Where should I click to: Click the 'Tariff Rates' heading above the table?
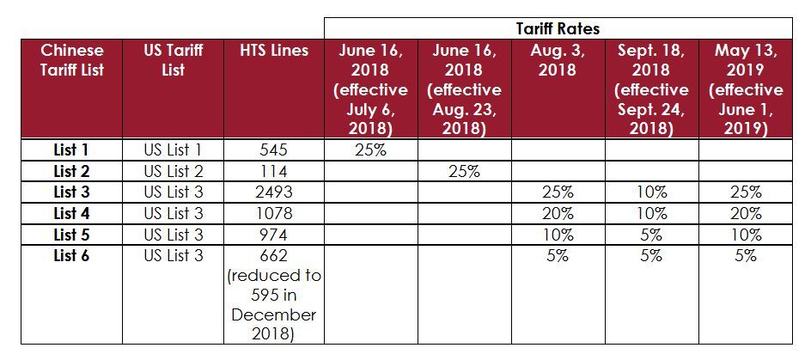point(558,28)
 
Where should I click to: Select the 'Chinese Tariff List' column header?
point(72,60)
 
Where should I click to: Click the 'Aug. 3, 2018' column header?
point(558,60)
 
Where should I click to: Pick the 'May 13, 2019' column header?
point(746,89)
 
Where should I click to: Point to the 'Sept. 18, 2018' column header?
point(652,89)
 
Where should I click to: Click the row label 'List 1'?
point(71,150)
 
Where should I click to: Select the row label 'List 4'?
point(71,213)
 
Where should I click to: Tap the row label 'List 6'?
point(71,255)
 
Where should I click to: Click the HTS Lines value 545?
point(273,150)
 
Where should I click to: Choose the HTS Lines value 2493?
point(273,192)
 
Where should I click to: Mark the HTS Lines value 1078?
point(273,213)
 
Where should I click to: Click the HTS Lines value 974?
point(273,235)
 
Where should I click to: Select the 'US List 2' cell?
point(174,171)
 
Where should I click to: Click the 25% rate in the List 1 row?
point(371,150)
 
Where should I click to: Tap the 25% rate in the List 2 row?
point(465,171)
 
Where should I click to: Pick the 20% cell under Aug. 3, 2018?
point(558,213)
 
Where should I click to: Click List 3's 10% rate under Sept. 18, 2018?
point(652,192)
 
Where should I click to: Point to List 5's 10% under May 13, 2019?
point(746,235)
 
